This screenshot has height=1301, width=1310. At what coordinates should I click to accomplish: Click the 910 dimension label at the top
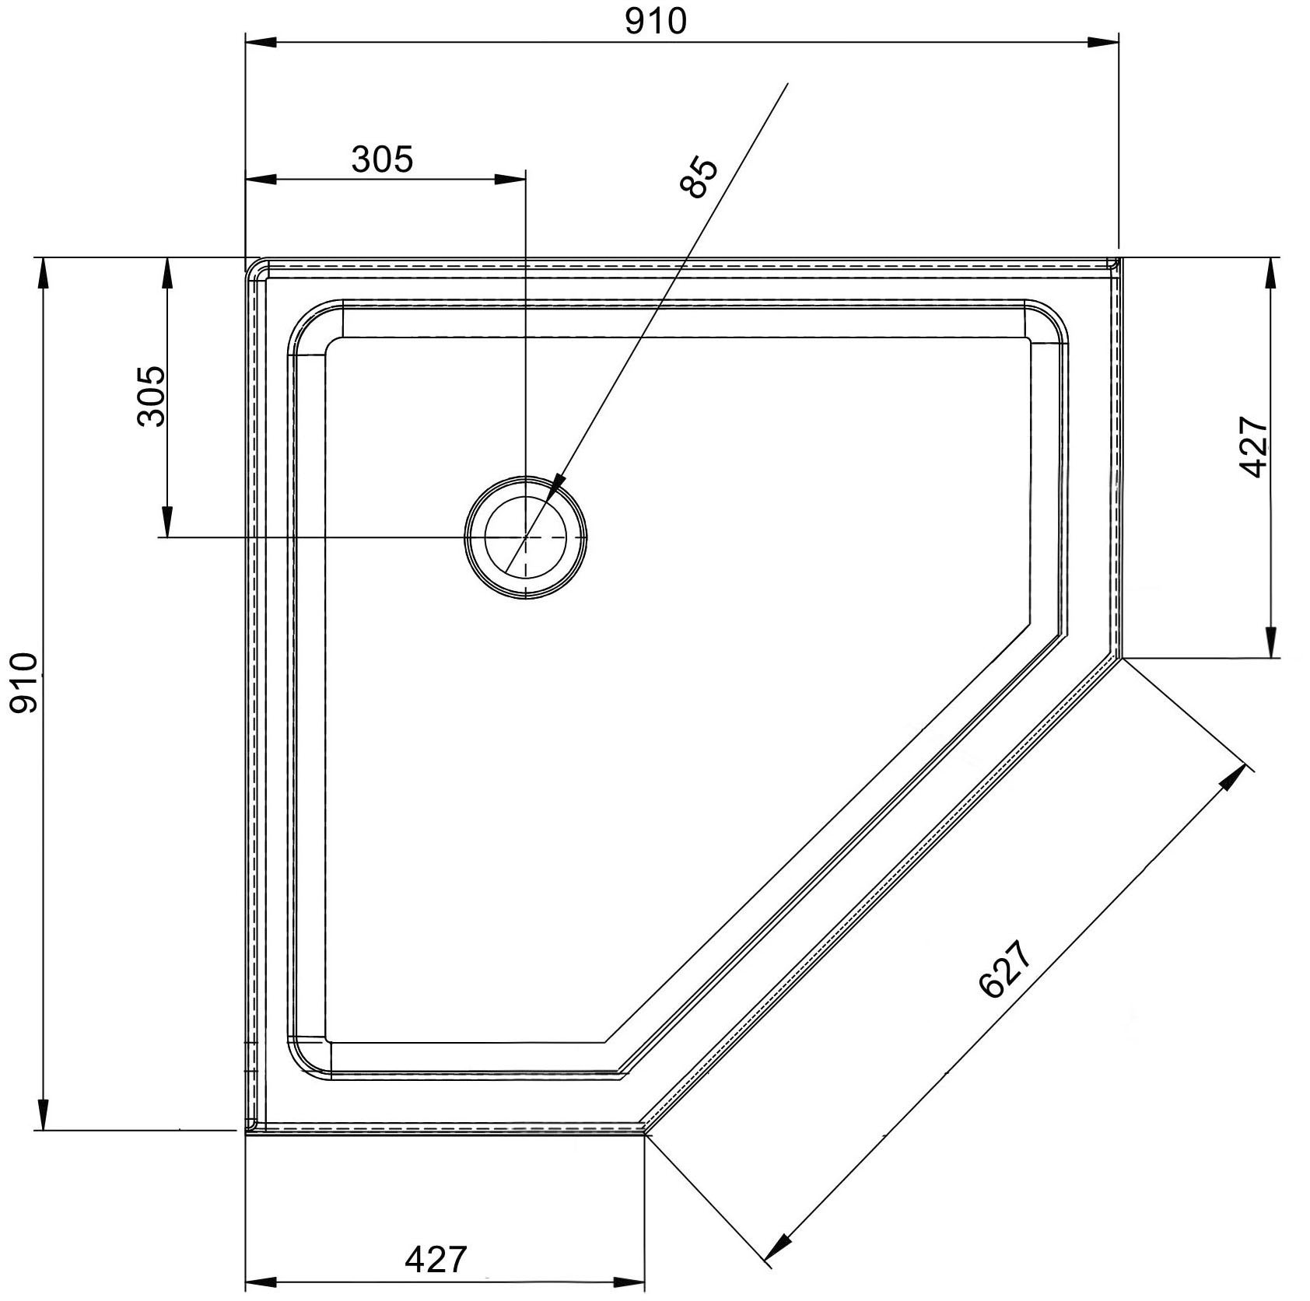(x=656, y=21)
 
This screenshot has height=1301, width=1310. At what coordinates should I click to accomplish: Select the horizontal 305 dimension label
(x=382, y=159)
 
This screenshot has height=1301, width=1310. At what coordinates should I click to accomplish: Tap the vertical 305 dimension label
(x=151, y=396)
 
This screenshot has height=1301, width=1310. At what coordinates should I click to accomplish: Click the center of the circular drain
(x=525, y=537)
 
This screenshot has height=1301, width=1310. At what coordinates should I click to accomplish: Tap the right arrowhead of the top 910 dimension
(x=1103, y=42)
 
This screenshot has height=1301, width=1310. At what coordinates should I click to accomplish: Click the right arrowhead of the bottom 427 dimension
(x=629, y=1283)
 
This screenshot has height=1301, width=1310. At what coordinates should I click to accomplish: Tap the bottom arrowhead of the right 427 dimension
(x=1270, y=642)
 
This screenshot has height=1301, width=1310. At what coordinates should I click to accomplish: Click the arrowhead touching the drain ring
(x=555, y=487)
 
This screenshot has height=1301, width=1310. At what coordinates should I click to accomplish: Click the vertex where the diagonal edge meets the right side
(x=1121, y=658)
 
